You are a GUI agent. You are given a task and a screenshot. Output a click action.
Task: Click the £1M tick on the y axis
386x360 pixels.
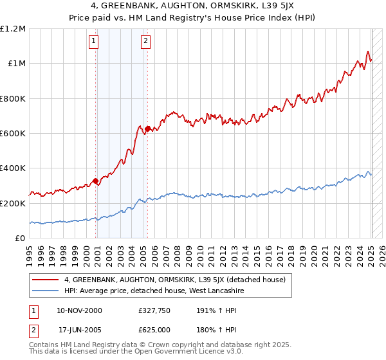[15, 64]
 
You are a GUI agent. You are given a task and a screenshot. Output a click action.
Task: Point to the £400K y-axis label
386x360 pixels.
[13, 168]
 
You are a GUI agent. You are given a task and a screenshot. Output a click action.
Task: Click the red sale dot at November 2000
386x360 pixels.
[96, 181]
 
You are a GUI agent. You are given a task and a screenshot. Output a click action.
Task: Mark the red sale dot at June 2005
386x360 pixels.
[148, 129]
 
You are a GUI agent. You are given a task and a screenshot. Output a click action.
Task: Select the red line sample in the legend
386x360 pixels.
[45, 280]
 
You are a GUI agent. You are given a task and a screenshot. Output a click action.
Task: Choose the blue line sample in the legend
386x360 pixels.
[45, 291]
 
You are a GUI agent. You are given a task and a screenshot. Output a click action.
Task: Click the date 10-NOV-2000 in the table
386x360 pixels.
[79, 310]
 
